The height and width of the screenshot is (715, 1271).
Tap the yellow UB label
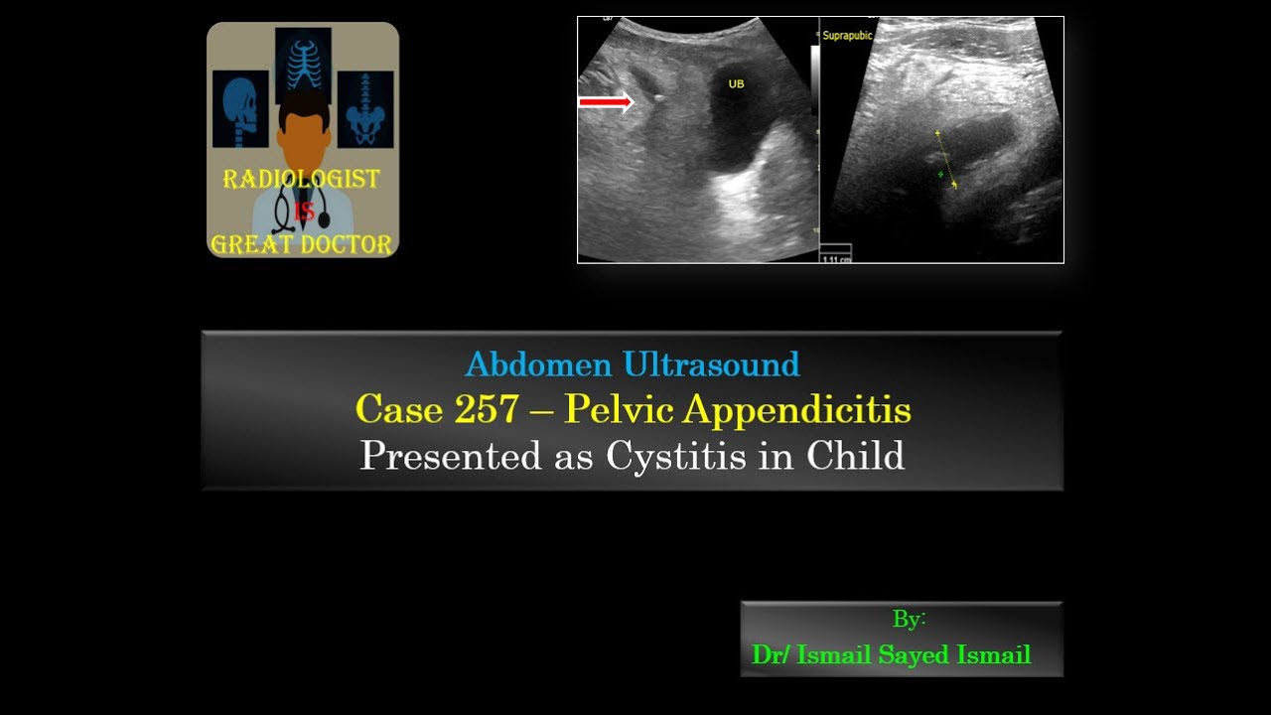736,84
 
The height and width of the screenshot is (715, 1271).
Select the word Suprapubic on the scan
846,36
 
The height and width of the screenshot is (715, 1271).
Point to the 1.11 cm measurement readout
836,258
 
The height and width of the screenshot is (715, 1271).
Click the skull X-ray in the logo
240,108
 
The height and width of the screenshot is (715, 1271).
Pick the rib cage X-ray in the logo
304,59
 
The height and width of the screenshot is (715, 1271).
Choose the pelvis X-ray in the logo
365,109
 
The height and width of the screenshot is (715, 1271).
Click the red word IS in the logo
303,212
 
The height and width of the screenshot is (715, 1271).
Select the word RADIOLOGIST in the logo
302,180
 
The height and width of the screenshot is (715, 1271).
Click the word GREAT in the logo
253,244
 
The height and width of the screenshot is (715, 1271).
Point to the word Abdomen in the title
538,365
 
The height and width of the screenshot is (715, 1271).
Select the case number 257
488,409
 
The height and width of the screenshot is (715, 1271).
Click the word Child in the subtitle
855,456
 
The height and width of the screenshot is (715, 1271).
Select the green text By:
909,620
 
